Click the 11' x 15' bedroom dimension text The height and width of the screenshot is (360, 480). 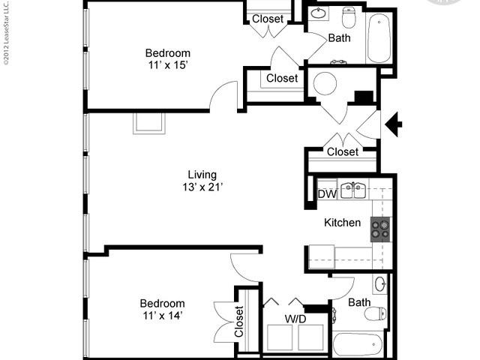click(167, 66)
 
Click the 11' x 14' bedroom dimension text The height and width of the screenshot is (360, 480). click(162, 316)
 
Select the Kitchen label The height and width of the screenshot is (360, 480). click(342, 223)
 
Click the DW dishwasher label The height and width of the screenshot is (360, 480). click(327, 194)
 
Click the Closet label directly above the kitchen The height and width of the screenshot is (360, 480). click(343, 152)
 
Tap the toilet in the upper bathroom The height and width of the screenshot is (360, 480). click(349, 16)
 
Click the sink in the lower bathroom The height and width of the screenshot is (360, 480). click(380, 284)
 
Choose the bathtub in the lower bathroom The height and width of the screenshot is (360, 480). click(358, 345)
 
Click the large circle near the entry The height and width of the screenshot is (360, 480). click(325, 83)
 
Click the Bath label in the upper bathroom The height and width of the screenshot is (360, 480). click(340, 37)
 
